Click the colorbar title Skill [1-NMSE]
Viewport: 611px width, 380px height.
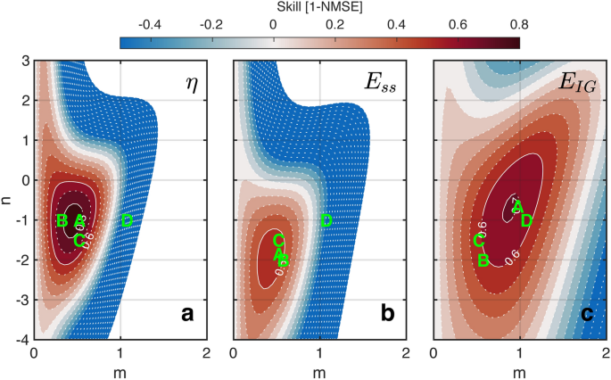pos(318,8)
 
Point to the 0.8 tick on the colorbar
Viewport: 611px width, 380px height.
pos(518,25)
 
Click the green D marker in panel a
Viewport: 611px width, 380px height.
pos(127,220)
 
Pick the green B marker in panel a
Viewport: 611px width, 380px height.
pos(62,220)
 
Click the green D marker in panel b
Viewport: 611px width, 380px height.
pos(326,220)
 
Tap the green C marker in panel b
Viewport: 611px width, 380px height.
pos(278,239)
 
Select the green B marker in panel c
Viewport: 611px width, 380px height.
pos(483,260)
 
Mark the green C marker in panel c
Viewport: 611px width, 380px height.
pos(479,239)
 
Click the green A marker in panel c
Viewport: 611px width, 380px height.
pos(516,207)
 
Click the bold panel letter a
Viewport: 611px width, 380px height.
pos(187,314)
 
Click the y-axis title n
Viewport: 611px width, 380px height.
pos(7,200)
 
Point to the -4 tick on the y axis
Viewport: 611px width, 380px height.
pos(23,340)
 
